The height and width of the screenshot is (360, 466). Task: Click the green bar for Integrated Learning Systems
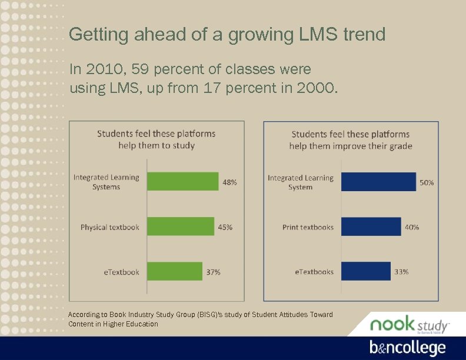182,182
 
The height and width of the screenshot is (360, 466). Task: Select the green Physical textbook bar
180,226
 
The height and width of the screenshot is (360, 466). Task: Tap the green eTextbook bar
174,271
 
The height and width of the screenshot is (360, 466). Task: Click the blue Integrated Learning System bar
378,182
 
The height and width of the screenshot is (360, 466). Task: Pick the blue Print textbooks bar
371,226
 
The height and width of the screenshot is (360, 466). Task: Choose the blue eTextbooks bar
365,271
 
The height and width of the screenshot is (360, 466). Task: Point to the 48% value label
229,182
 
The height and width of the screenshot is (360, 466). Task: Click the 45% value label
225,227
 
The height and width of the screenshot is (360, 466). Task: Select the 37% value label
213,272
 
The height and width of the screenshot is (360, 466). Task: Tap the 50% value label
427,183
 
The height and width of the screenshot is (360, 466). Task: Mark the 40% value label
412,227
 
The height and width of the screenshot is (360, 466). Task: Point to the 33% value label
401,272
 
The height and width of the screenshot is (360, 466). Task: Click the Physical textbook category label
110,227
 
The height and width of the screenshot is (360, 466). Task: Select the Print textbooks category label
308,227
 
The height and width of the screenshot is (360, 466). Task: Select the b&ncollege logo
407,348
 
